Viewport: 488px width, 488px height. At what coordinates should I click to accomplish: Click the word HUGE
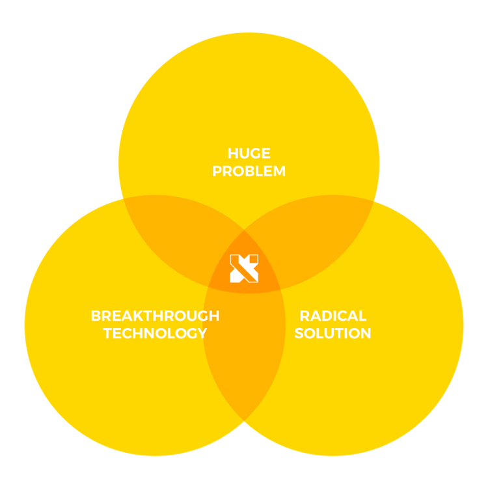click(249, 154)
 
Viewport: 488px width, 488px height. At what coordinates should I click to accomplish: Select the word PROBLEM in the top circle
click(249, 172)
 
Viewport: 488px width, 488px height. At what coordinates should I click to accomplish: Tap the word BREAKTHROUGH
click(155, 316)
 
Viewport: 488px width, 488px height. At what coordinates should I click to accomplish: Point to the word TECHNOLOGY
click(155, 334)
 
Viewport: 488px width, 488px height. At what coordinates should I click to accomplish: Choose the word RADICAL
click(332, 316)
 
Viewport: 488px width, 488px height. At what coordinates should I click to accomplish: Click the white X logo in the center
click(244, 269)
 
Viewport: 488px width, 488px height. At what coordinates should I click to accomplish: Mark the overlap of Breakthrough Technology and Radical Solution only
click(244, 351)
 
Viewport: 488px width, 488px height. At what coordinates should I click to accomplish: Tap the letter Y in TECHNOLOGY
click(202, 334)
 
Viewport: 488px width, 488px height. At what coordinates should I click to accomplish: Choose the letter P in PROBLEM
click(218, 172)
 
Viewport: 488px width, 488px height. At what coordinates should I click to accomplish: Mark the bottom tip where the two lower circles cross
click(244, 419)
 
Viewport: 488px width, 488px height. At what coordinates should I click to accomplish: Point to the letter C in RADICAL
click(349, 316)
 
